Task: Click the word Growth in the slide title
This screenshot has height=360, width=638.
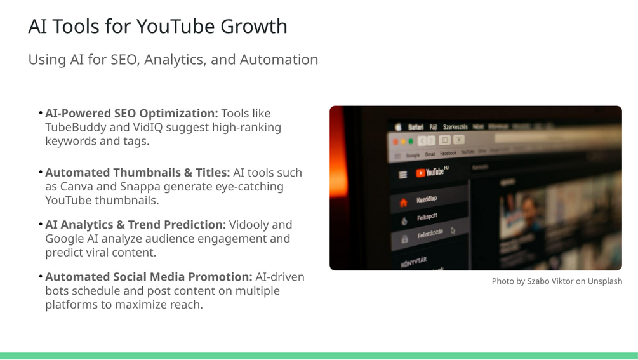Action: coord(254,27)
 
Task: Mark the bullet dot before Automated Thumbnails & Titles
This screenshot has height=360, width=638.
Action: coord(41,172)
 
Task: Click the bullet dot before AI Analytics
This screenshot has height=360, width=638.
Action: coord(41,224)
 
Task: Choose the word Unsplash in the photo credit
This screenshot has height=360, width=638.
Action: coord(604,281)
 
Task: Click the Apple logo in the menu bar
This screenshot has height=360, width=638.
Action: coord(398,127)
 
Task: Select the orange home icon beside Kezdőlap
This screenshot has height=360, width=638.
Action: coord(403,203)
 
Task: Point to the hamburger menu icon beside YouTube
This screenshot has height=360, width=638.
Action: coord(402,175)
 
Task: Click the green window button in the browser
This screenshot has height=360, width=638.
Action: coord(411,141)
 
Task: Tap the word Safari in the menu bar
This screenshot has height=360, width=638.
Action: coord(416,127)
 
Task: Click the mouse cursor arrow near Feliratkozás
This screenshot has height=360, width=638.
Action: coord(453,230)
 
